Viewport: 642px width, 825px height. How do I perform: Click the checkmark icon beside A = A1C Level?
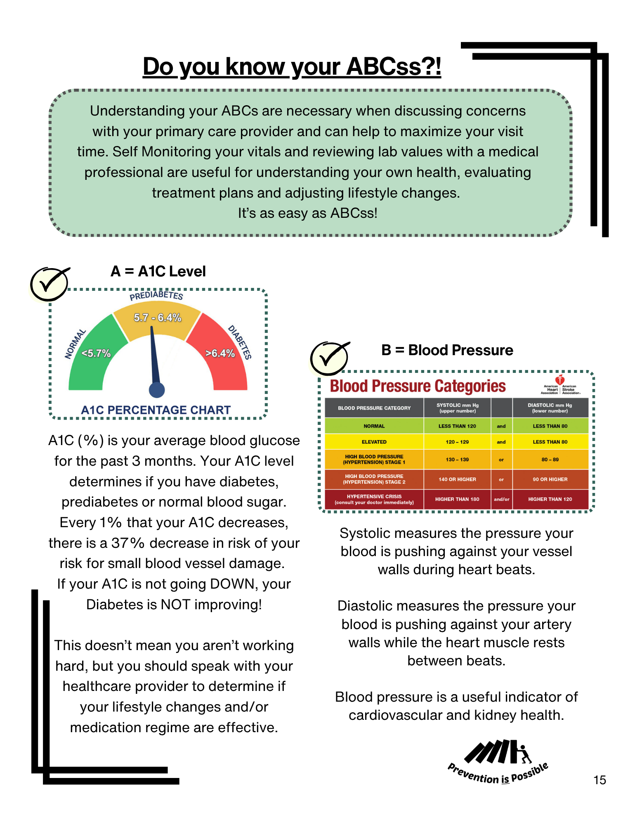49,284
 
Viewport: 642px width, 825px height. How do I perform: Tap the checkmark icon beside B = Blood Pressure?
329,358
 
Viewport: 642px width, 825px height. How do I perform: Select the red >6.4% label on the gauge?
220,353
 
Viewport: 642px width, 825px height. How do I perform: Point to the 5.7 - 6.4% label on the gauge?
158,318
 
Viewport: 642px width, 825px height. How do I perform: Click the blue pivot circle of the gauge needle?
157,390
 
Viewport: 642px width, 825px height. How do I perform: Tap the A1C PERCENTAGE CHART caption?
156,410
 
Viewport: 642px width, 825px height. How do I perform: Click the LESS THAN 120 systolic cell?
457,426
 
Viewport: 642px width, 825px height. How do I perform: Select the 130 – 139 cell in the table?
457,460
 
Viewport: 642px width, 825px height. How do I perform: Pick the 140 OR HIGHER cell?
457,479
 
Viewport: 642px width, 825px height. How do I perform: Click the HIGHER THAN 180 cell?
457,499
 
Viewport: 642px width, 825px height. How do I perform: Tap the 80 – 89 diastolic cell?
550,460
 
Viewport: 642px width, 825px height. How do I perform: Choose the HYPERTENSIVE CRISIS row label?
374,499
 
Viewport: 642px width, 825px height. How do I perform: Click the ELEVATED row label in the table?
374,442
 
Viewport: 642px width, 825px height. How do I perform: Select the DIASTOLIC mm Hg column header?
550,408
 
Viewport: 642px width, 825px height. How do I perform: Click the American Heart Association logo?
560,385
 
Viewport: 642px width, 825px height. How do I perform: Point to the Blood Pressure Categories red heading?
418,386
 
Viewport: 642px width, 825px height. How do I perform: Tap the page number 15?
600,780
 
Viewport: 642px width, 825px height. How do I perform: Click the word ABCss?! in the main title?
394,66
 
